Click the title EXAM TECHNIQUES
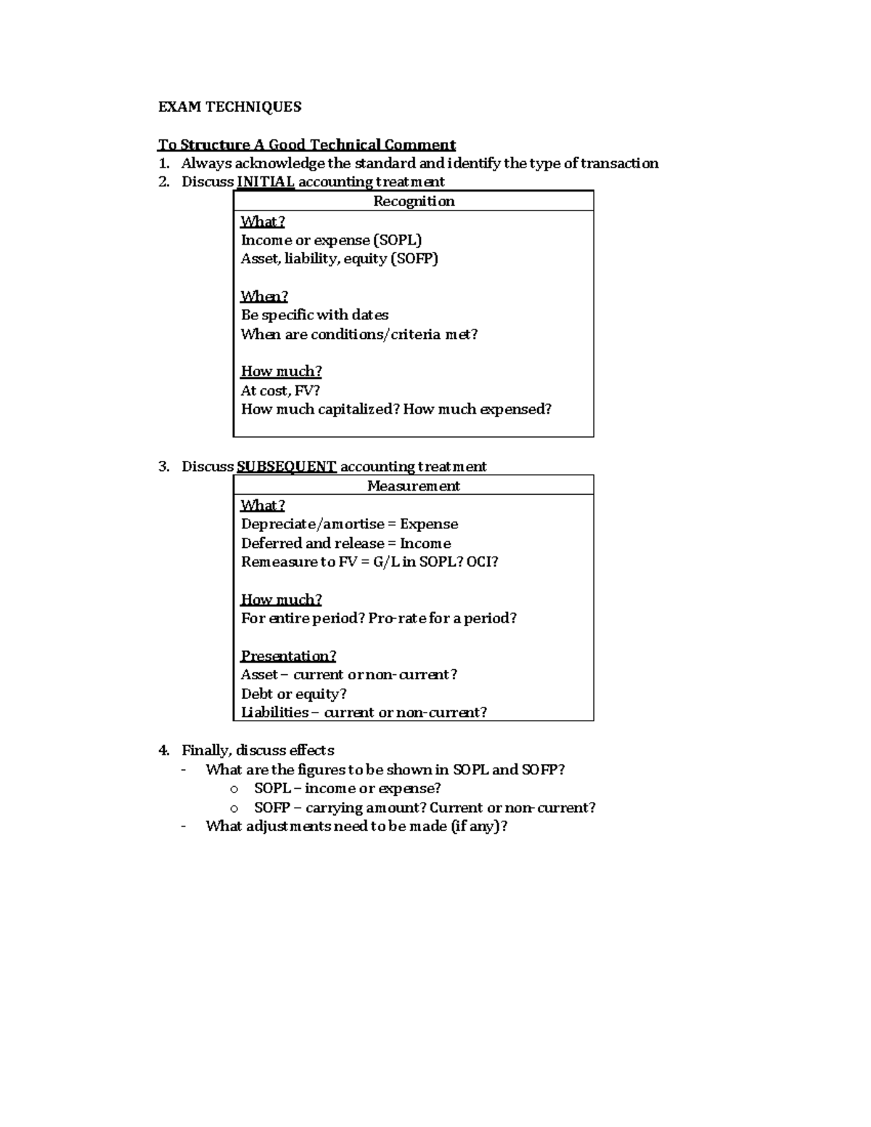229,107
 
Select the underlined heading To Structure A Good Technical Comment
306,144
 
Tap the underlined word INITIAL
266,181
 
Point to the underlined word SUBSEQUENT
287,466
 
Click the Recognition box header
413,201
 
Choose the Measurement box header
413,485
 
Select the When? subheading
264,296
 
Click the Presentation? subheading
288,655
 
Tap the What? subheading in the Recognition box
263,221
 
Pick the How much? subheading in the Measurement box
281,599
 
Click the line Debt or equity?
293,693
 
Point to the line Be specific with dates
314,315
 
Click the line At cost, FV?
280,390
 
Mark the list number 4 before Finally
163,750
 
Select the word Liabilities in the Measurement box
274,712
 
